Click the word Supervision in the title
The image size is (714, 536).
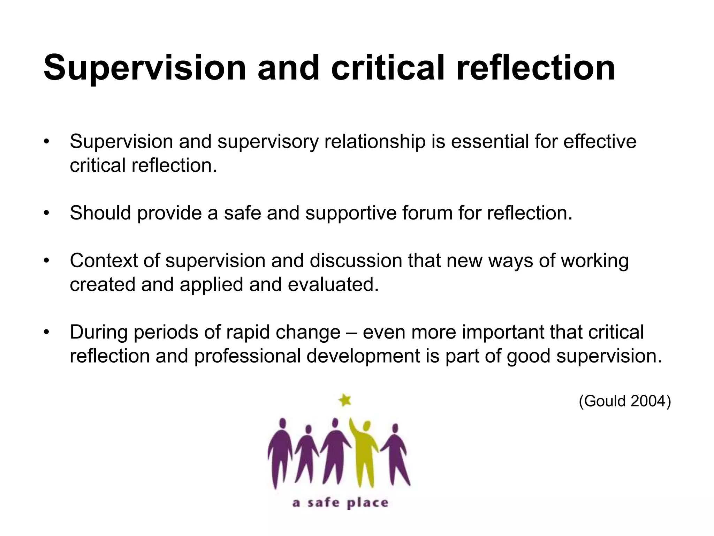145,68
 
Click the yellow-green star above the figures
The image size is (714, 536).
345,400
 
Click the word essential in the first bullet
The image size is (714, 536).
488,142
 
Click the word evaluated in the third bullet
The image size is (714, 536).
333,284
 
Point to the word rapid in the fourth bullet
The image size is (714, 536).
248,332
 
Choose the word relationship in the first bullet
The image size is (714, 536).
375,142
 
